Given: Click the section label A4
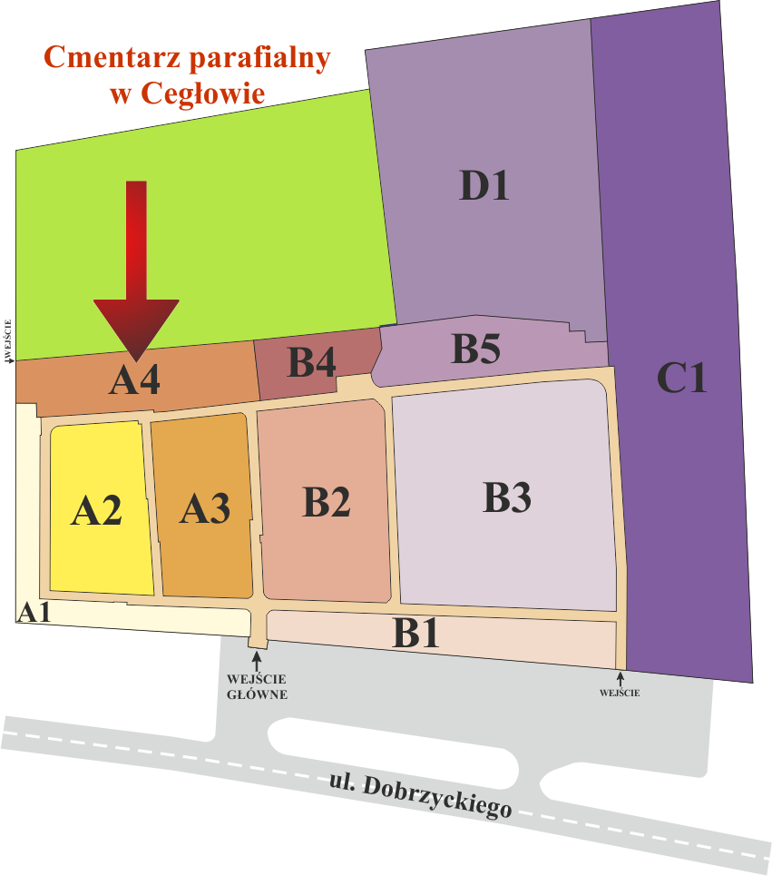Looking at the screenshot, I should pos(134,380).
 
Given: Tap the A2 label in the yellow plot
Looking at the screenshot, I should pos(97,512).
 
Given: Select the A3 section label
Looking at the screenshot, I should pos(204,508).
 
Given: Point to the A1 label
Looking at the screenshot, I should pos(34,613).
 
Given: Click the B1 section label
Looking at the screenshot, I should pos(416,633).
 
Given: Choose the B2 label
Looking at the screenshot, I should pos(327,502).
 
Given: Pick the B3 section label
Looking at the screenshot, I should pos(506,497).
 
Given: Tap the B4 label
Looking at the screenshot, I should pos(312,363).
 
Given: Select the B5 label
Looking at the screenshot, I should pos(476,349).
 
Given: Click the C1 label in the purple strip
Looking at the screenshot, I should pos(681,378).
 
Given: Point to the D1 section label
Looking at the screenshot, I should pos(484,186).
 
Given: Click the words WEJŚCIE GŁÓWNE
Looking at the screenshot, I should pos(257,686).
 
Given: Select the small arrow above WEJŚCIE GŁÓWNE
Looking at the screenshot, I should pos(257,661).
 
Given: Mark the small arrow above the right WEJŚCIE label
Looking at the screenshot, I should pos(621,678).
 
